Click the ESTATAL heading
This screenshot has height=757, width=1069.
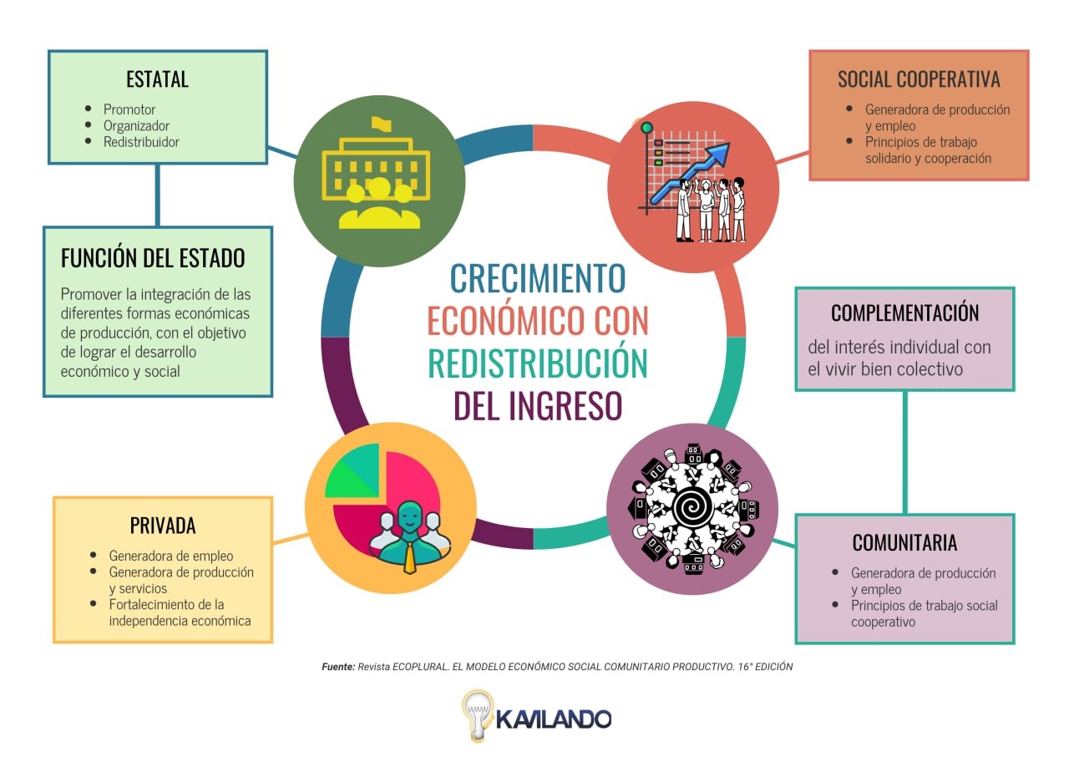(x=157, y=79)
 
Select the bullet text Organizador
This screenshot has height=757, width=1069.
(x=136, y=125)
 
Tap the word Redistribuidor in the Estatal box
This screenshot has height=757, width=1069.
(x=141, y=142)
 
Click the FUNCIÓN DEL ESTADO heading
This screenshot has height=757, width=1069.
(x=153, y=257)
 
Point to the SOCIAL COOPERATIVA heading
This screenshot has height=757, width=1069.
(x=919, y=79)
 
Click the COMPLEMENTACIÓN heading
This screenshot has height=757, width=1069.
(x=904, y=312)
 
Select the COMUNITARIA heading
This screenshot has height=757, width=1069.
(x=904, y=543)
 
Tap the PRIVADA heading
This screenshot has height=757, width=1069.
(x=163, y=526)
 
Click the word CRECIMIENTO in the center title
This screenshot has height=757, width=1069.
(x=538, y=278)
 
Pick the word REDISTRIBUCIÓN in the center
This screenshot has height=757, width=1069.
(x=538, y=363)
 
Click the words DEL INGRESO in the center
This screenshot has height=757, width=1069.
(x=538, y=406)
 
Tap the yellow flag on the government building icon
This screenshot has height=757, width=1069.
(x=382, y=124)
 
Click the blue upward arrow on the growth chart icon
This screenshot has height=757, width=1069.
(x=691, y=172)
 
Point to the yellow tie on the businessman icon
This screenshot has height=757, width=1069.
(x=409, y=558)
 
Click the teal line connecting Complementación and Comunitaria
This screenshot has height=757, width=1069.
(x=904, y=453)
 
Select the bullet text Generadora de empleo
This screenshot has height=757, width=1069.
(x=171, y=556)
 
